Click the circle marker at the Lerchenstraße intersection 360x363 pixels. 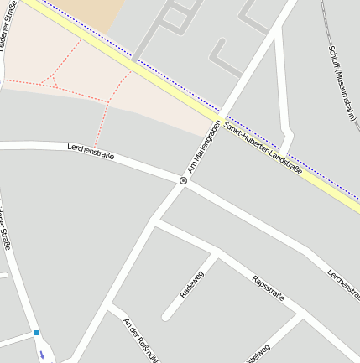[x=183, y=180]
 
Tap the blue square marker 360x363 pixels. [x=36, y=333]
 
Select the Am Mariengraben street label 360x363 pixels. [x=203, y=148]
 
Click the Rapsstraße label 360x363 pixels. [x=269, y=288]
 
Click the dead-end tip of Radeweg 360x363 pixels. [x=167, y=316]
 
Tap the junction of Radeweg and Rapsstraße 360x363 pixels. [x=217, y=252]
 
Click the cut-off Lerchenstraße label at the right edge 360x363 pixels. [x=343, y=283]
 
